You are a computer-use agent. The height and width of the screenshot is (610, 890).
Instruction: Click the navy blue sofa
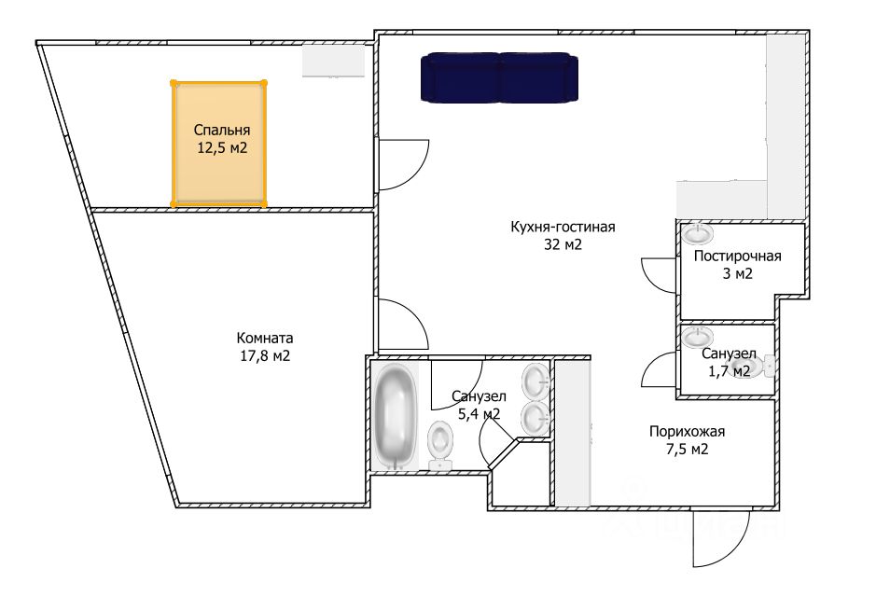[x=499, y=77]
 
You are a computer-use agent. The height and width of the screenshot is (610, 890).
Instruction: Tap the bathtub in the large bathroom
[x=395, y=416]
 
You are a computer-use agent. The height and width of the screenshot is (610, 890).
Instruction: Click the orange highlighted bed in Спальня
[x=219, y=143]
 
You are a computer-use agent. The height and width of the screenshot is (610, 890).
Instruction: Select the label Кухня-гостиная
[x=563, y=227]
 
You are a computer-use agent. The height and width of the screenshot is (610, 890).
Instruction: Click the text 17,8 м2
[x=264, y=356]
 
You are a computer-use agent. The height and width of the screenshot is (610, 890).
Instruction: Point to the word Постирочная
[x=737, y=256]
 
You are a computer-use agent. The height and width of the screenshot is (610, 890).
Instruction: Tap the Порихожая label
[x=687, y=431]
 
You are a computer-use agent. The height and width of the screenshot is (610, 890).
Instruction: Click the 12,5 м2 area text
[x=222, y=148]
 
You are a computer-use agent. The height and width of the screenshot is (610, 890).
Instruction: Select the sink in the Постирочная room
[x=698, y=232]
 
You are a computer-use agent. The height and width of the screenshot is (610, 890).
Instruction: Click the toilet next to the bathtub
[x=440, y=444]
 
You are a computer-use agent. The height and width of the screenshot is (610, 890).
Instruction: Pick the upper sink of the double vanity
[x=535, y=381]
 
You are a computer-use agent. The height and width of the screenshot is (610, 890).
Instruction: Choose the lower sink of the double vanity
[x=535, y=418]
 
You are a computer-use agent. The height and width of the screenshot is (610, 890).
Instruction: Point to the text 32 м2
[x=563, y=245]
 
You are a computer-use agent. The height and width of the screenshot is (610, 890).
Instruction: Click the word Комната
[x=265, y=339]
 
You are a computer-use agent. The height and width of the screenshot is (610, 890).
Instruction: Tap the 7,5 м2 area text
[x=687, y=450]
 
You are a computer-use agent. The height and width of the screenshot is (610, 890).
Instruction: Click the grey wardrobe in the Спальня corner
[x=333, y=60]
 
